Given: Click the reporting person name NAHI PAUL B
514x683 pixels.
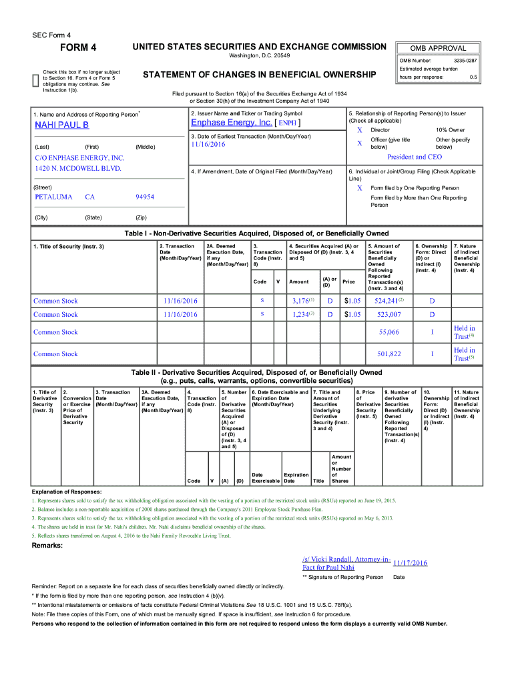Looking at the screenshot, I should (x=61, y=125).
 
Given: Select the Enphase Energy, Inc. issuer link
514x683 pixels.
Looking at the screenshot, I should (x=231, y=123).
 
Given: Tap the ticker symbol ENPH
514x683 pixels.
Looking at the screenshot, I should (x=288, y=123).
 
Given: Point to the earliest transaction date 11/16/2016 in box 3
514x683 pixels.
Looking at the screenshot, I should (x=207, y=144).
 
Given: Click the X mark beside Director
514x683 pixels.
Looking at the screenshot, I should (x=359, y=130).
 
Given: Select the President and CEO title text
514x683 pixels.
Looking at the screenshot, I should (x=415, y=157).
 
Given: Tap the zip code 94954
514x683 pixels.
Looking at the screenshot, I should (x=145, y=197).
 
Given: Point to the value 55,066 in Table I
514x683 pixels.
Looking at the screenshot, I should (x=389, y=332).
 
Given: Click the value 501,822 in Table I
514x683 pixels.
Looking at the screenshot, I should (x=389, y=354).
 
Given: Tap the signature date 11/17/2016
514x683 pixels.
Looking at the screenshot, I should (x=410, y=563).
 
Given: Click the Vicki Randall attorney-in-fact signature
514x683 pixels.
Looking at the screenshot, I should (x=346, y=562).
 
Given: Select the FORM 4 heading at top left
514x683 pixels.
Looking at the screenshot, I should (x=79, y=47).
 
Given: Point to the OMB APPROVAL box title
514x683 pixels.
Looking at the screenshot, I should (x=439, y=48).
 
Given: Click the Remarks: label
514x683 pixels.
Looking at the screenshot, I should (x=47, y=546).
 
